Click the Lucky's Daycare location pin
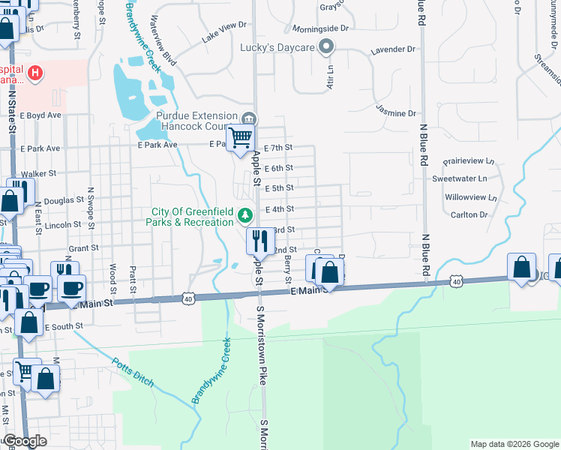pyautogui.click(x=325, y=48)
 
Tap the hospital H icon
pyautogui.click(x=35, y=73)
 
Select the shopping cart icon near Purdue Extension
pyautogui.click(x=240, y=138)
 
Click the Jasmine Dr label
pyautogui.click(x=396, y=113)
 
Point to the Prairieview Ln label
pyautogui.click(x=469, y=160)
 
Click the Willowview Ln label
pyautogui.click(x=470, y=198)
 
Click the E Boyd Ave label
pyautogui.click(x=40, y=115)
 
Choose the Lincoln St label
pyautogui.click(x=62, y=225)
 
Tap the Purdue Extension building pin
pyautogui.click(x=250, y=118)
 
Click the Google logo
pyautogui.click(x=25, y=442)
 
